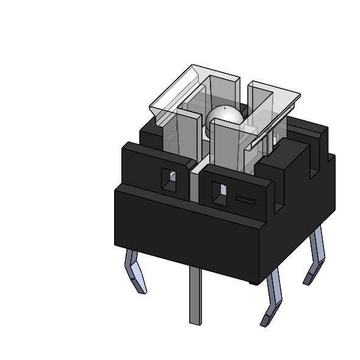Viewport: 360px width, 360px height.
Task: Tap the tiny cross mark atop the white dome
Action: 224,108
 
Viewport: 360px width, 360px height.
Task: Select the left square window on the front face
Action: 168,179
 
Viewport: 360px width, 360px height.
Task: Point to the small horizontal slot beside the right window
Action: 245,200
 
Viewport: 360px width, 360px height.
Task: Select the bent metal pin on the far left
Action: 136,272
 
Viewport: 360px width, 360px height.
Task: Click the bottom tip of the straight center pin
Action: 195,322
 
